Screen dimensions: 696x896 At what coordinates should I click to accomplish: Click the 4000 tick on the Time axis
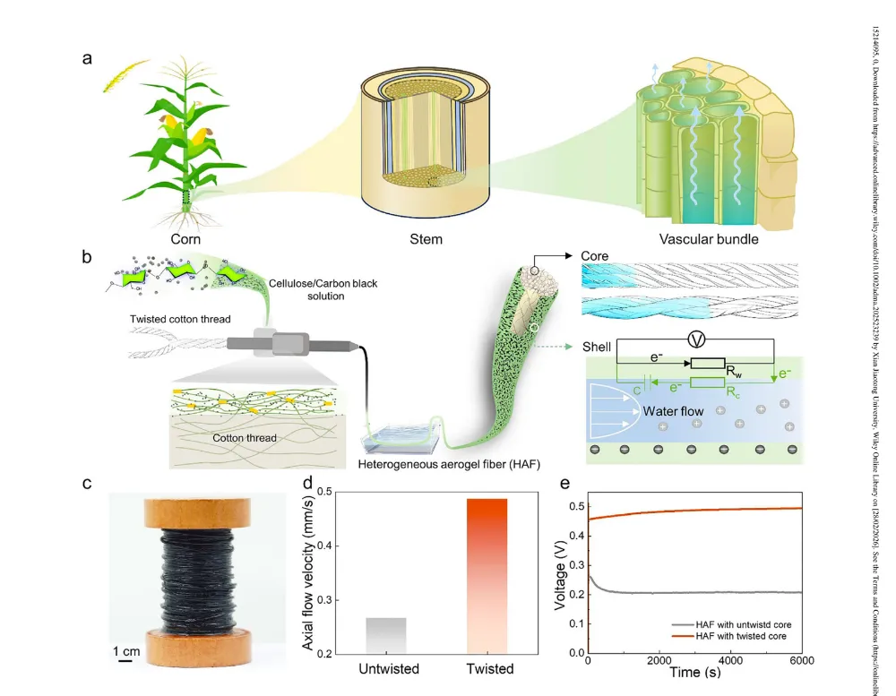click(x=731, y=660)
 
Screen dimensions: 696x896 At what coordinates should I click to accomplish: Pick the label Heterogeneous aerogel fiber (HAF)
click(x=434, y=463)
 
